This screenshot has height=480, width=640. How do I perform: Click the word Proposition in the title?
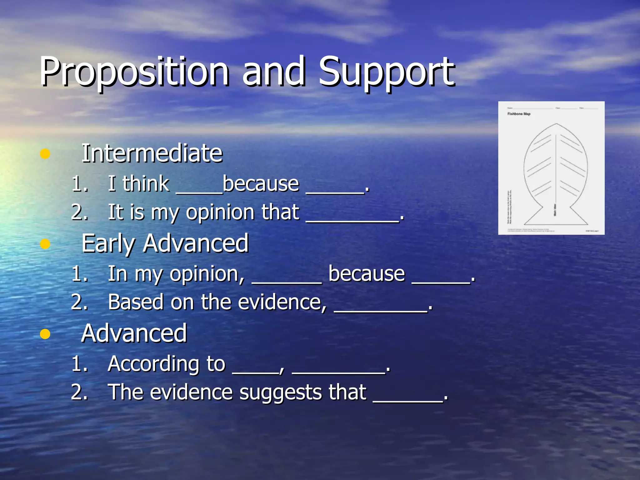[x=134, y=72]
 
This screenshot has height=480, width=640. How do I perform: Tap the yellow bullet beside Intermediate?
[x=45, y=154]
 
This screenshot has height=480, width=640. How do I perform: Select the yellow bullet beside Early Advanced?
[x=45, y=244]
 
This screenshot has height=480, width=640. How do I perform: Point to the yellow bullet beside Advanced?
[x=45, y=334]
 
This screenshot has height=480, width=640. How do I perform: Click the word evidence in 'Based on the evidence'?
[x=280, y=302]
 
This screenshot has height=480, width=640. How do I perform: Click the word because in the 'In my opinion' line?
[x=367, y=274]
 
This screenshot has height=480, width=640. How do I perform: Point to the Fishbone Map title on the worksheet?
[x=519, y=114]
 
